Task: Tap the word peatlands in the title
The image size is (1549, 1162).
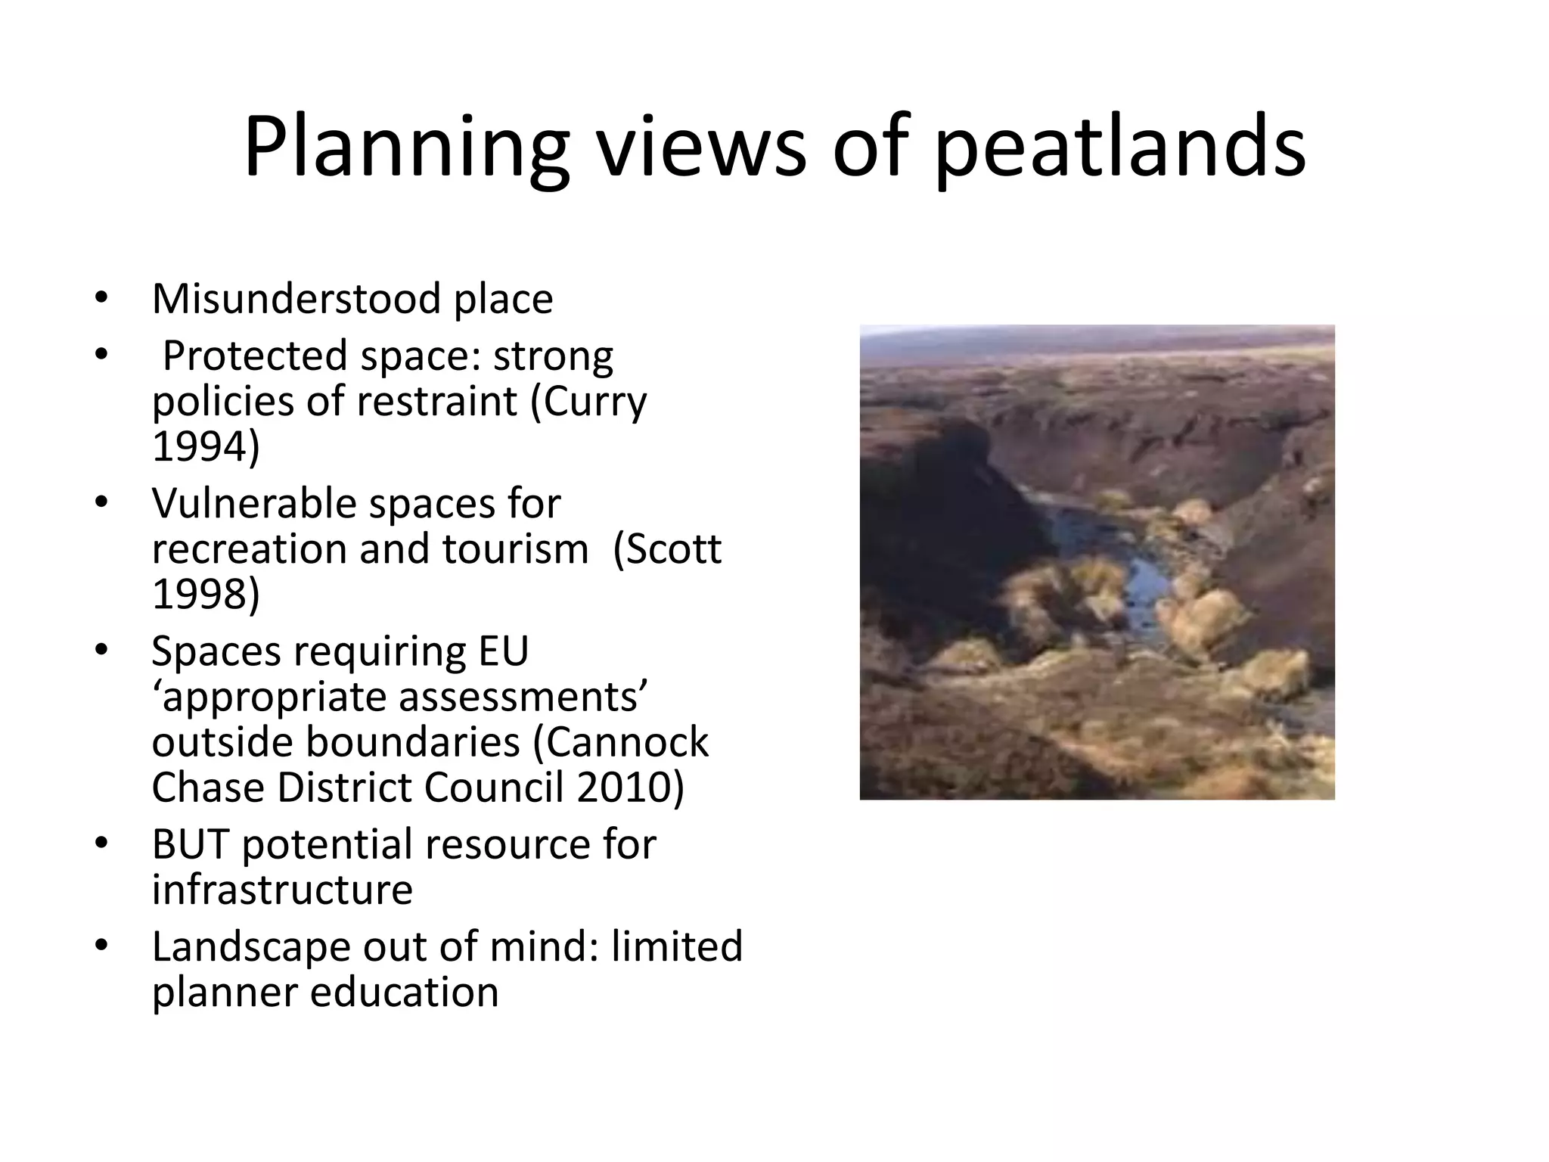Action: [x=1119, y=148]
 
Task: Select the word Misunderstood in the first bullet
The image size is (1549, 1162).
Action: [x=296, y=298]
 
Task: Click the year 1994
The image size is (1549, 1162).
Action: [x=205, y=446]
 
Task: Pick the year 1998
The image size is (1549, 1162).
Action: [x=205, y=593]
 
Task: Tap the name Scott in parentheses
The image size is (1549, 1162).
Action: [x=674, y=548]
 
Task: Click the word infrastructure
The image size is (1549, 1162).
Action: [x=282, y=889]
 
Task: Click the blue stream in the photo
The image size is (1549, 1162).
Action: [x=1135, y=575]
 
